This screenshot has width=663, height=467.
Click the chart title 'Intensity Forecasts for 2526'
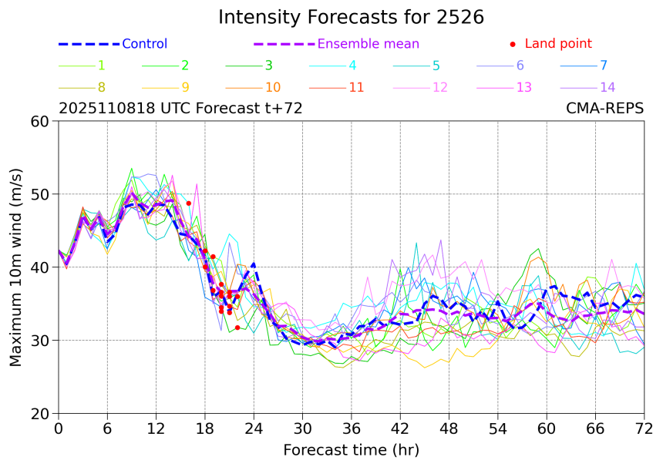[351, 17]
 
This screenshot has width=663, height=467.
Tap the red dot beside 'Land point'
[513, 45]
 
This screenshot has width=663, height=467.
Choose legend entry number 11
[356, 87]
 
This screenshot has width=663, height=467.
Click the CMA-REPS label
[604, 109]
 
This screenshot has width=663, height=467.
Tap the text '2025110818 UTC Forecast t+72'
[180, 109]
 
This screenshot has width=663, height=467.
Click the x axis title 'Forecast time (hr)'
[351, 450]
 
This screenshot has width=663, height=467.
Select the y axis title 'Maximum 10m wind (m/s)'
[15, 267]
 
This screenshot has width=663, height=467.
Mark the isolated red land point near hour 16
[188, 203]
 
